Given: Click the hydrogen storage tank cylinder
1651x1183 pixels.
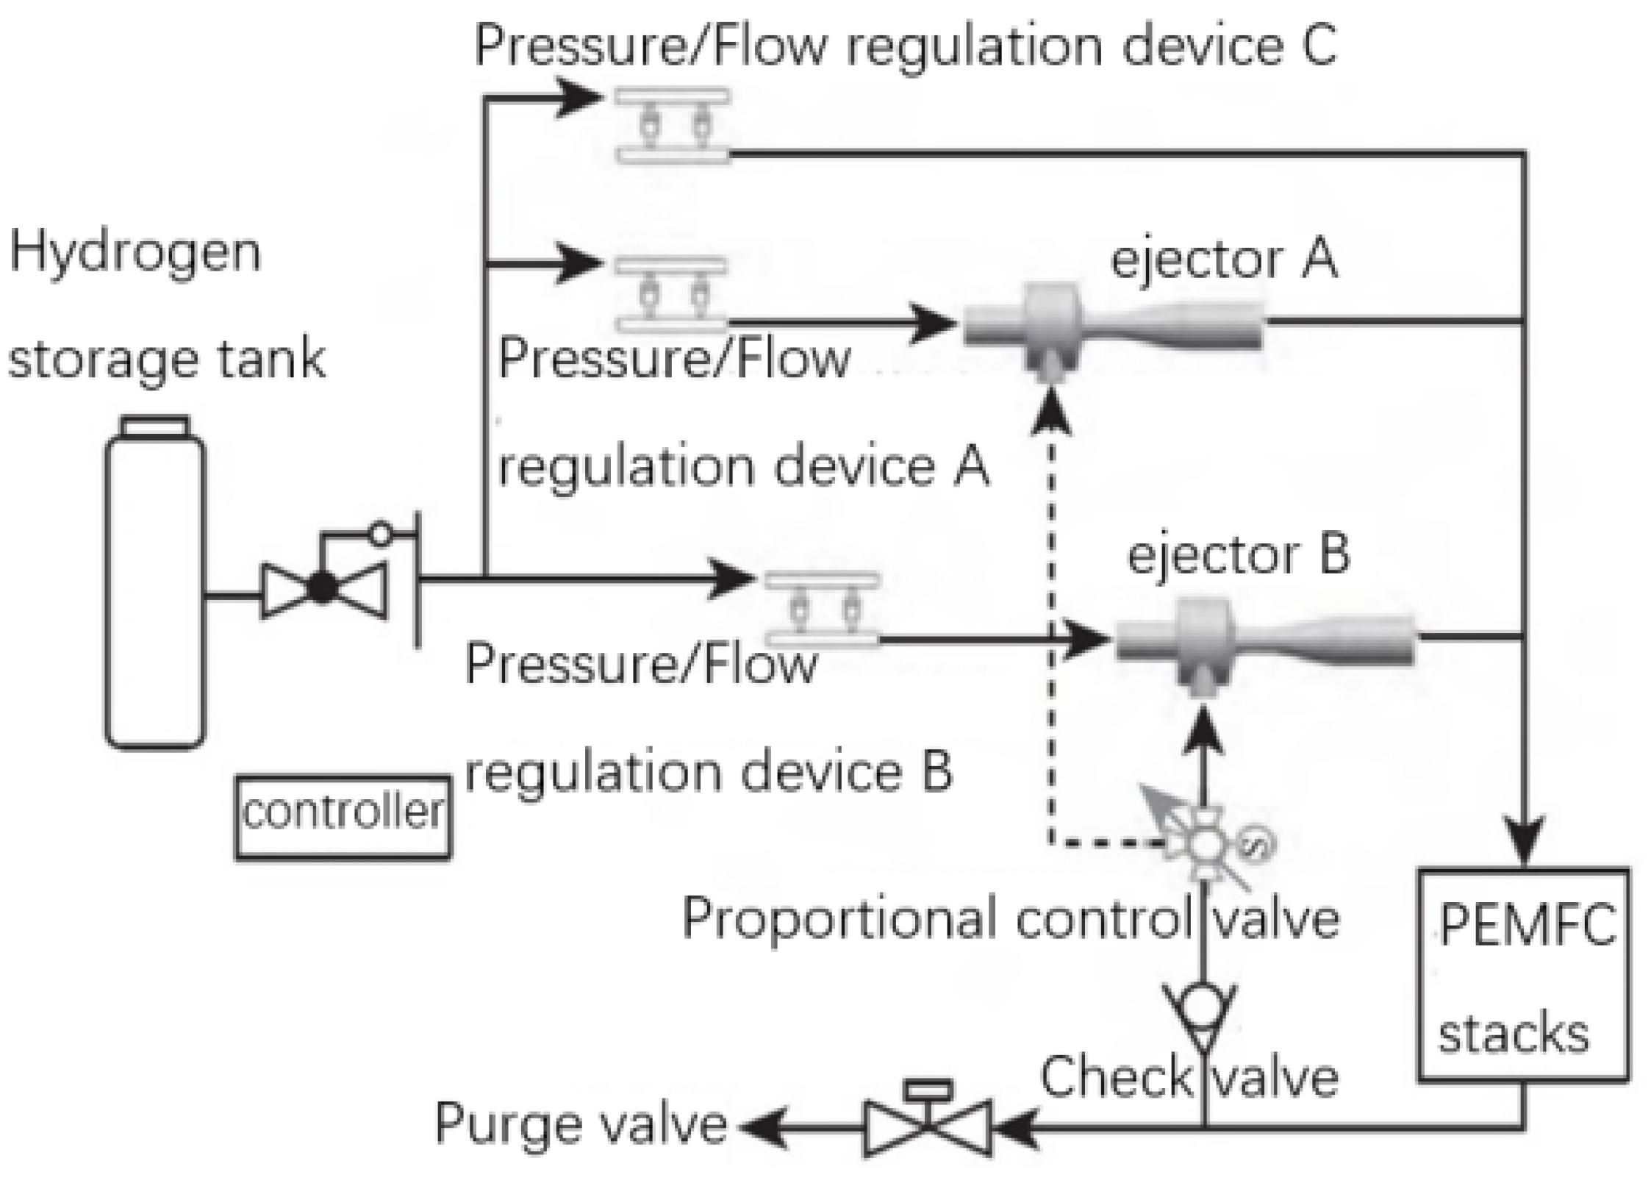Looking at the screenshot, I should pos(155,588).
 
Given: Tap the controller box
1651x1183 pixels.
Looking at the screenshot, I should pos(343,817).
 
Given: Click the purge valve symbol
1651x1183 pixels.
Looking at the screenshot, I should pos(928,1125).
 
